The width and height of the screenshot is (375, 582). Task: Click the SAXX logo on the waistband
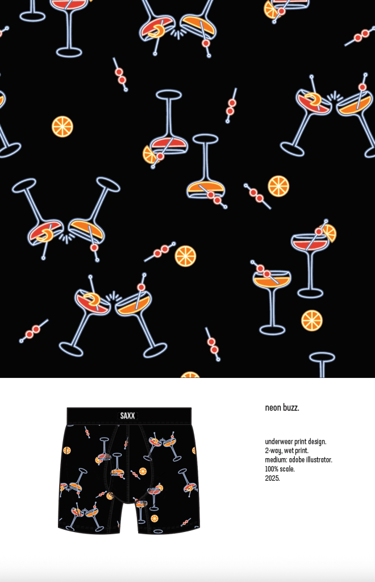127,415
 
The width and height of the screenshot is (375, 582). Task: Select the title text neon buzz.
282,408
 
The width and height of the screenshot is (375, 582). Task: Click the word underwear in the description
279,442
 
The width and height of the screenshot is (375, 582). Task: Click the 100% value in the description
272,469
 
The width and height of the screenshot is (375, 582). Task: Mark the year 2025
272,478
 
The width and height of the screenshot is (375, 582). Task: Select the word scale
287,469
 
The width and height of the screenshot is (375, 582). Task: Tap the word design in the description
317,442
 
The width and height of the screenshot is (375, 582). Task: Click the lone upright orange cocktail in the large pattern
272,297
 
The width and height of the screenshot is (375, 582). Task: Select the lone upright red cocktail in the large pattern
311,260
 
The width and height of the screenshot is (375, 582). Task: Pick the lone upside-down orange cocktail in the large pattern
206,171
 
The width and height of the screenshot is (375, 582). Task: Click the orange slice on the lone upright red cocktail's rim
328,233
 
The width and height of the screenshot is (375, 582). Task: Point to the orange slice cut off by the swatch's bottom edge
190,375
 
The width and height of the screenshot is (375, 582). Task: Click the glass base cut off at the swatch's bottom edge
322,364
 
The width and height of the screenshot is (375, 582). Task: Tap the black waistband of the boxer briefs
129,415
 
